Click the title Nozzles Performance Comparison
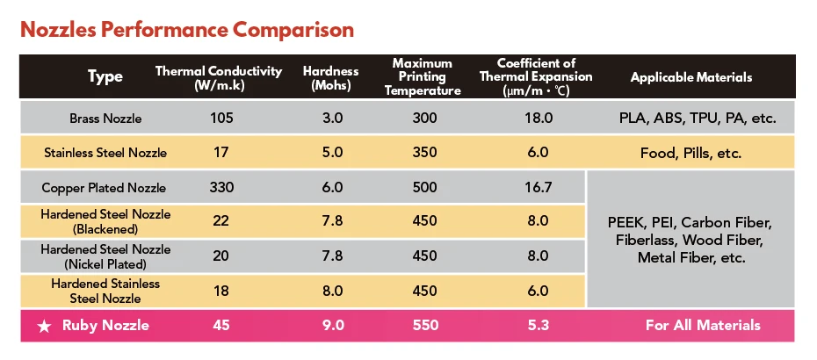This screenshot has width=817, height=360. pyautogui.click(x=186, y=30)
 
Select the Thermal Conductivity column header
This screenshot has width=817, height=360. pyautogui.click(x=219, y=77)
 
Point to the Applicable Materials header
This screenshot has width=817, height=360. pyautogui.click(x=691, y=77)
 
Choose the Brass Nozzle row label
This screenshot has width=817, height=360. pyautogui.click(x=105, y=118)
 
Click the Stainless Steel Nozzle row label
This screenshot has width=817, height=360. pyautogui.click(x=105, y=153)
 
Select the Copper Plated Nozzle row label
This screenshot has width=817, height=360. pyautogui.click(x=104, y=188)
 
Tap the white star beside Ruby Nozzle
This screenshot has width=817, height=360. pyautogui.click(x=43, y=326)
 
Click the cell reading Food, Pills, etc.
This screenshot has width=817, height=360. pyautogui.click(x=691, y=153)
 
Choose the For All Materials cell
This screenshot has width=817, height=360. pyautogui.click(x=703, y=326)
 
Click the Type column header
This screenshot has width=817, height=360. pyautogui.click(x=105, y=77)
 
